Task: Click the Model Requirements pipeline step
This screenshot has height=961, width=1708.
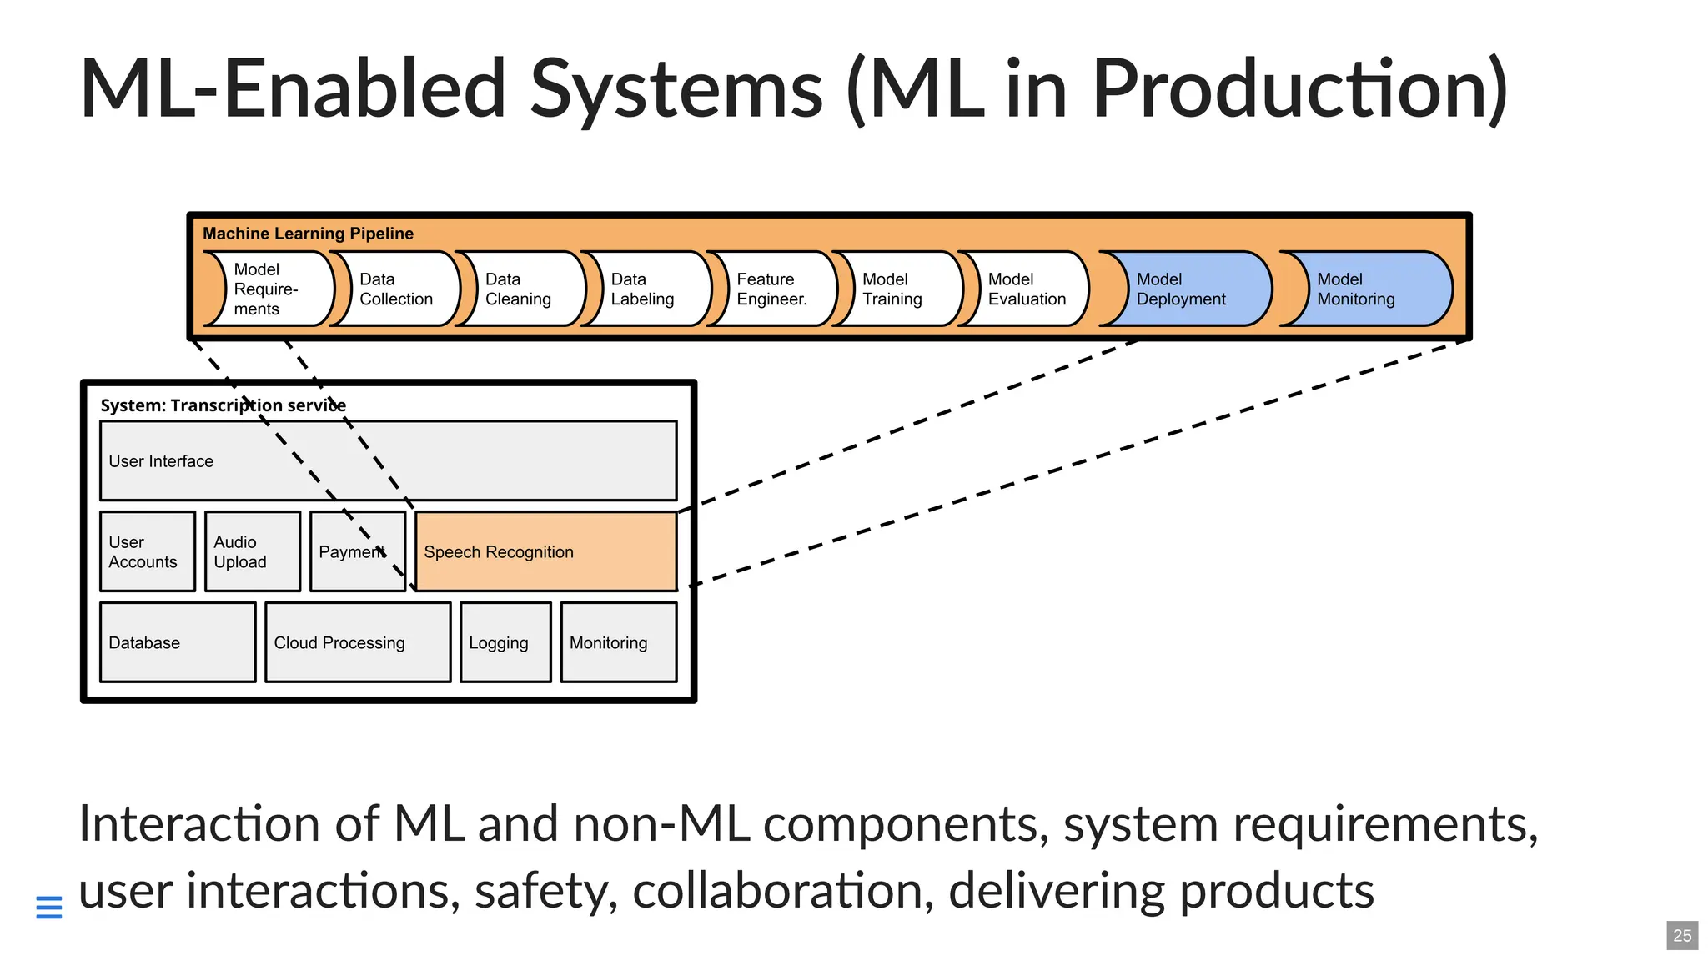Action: pos(271,289)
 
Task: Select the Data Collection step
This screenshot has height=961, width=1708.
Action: pos(397,289)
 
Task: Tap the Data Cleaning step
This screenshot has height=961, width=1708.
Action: pos(522,289)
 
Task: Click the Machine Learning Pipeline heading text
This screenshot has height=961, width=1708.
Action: pos(308,234)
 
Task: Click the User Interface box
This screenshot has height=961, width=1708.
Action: pos(388,460)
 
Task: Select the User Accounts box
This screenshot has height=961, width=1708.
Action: pos(148,551)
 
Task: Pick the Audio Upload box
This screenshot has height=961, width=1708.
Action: pos(252,551)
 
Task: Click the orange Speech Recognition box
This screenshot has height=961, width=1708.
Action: pos(545,551)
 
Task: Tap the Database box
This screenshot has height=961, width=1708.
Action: pos(178,642)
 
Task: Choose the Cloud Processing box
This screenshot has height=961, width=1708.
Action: pos(358,642)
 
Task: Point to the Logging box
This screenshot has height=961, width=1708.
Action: pos(505,642)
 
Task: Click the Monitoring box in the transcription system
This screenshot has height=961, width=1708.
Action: pos(619,642)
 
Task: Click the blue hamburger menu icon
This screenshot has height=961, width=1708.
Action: pos(49,908)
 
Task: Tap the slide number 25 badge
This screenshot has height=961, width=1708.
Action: pos(1682,936)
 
